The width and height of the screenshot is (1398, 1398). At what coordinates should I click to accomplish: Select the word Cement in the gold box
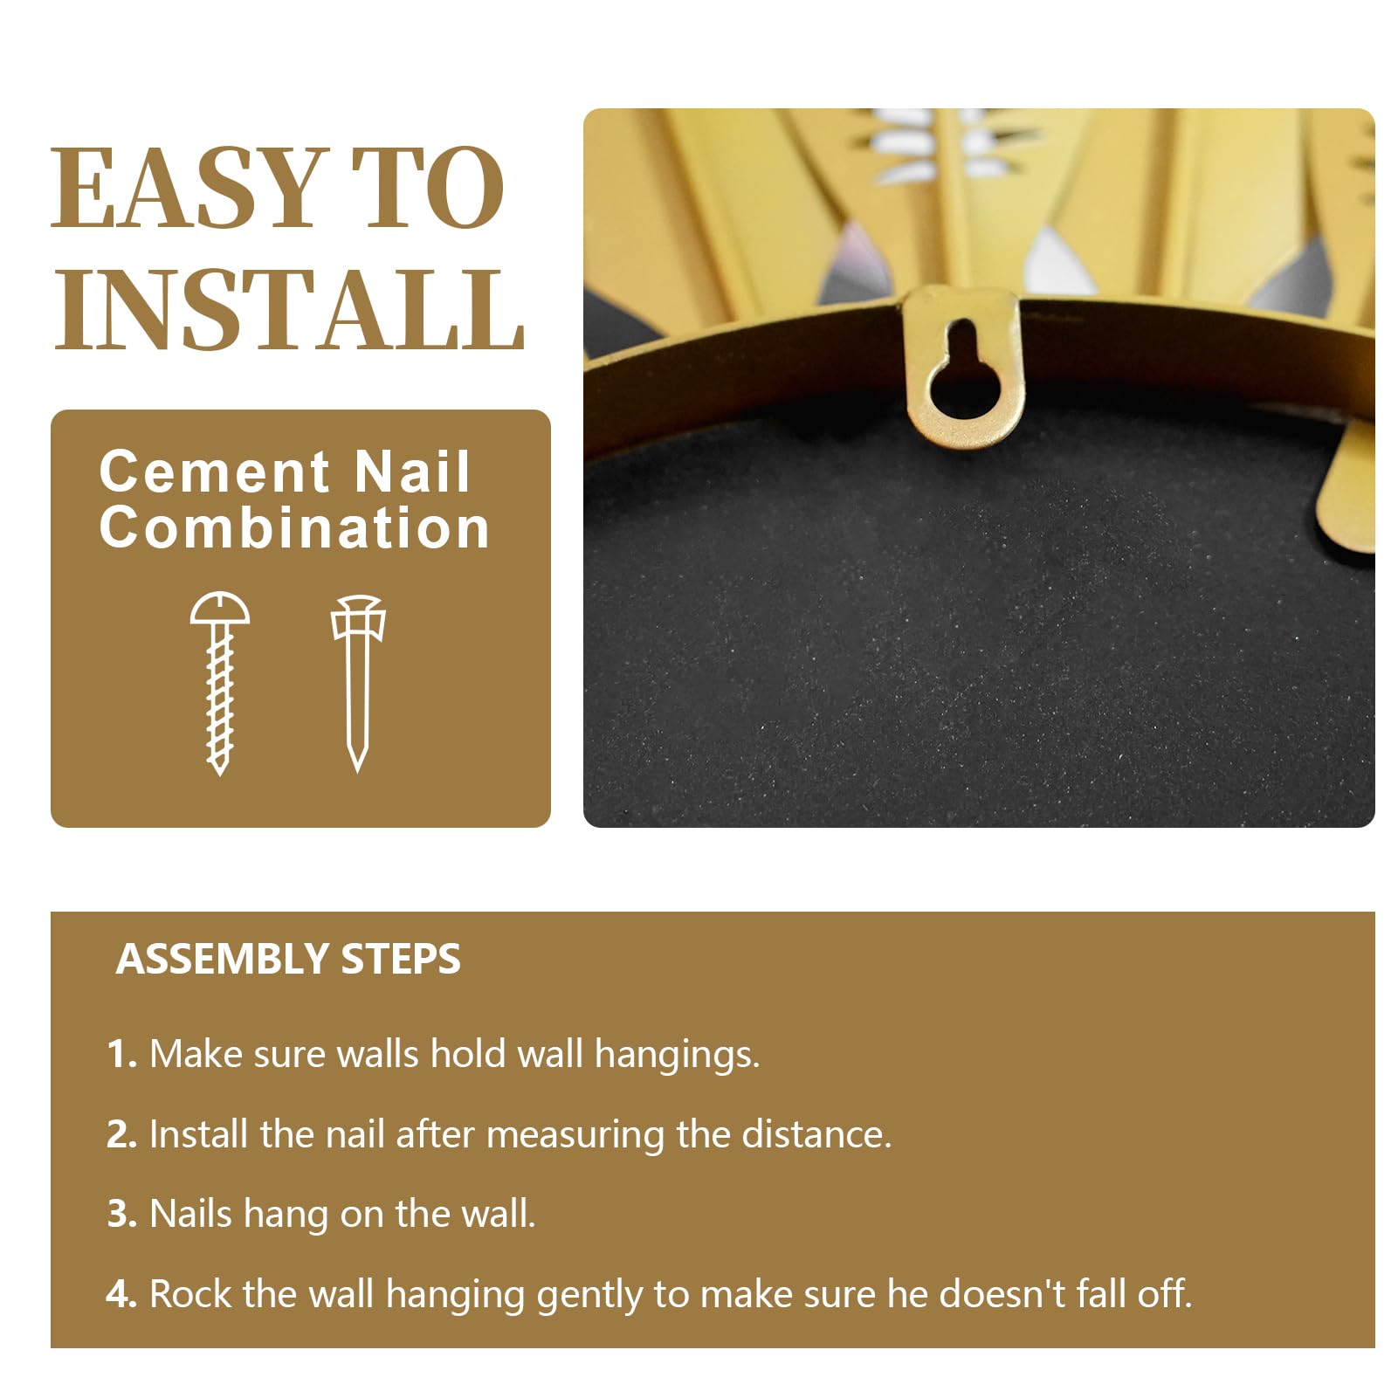point(215,472)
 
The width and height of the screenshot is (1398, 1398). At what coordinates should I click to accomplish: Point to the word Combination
point(294,527)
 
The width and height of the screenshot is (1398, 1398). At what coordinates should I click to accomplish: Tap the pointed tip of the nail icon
point(358,770)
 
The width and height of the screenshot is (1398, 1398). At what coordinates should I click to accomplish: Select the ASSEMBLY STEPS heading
point(288,959)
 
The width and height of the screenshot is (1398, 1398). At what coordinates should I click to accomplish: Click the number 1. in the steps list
point(122,1054)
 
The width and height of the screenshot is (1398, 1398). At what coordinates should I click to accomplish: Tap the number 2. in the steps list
point(122,1134)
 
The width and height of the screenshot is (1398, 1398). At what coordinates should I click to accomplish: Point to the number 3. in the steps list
point(122,1214)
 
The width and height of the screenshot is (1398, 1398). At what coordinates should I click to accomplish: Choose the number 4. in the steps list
point(122,1294)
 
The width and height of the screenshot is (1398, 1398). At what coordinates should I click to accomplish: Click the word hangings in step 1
point(677,1056)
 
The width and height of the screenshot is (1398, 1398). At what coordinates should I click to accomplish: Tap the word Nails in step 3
point(191,1214)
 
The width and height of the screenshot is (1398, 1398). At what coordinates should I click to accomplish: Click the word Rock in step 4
point(192,1294)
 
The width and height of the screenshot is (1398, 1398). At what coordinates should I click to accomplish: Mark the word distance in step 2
point(816,1134)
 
